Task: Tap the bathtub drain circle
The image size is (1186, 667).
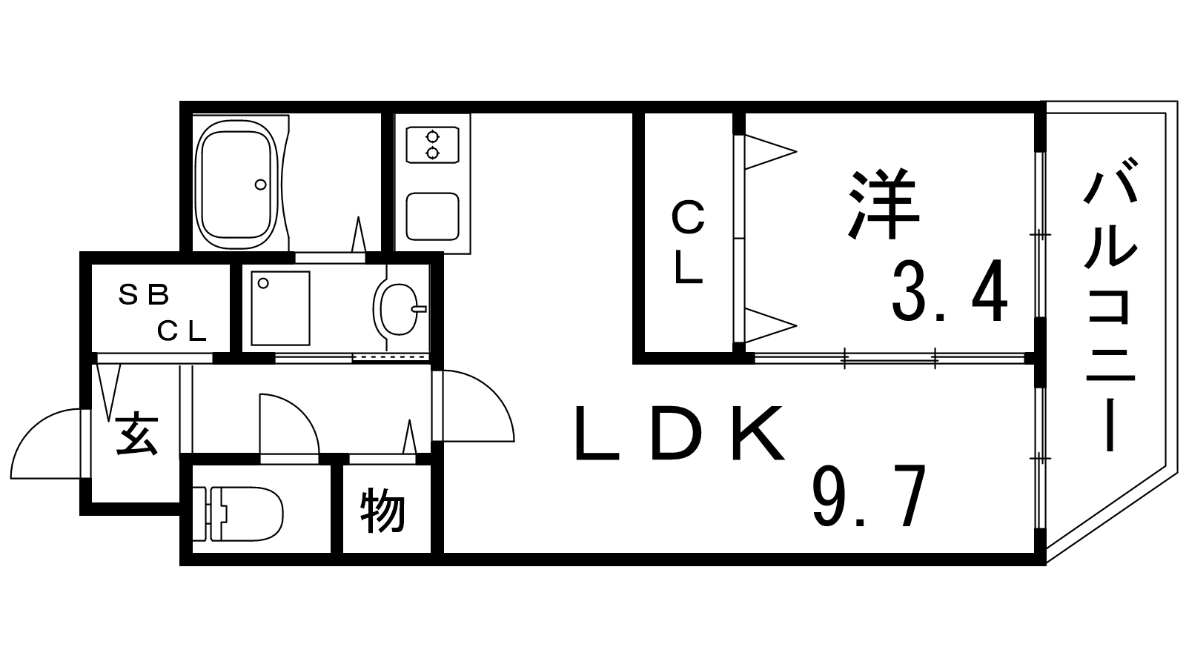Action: (x=260, y=185)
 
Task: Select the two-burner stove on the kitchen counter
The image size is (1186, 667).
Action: (x=433, y=145)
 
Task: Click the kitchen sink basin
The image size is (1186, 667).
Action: (x=433, y=216)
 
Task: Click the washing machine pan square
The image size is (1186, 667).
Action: (x=281, y=308)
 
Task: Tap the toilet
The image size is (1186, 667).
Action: (x=237, y=514)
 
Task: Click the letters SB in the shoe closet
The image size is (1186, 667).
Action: (x=144, y=295)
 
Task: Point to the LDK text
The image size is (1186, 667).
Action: (x=679, y=432)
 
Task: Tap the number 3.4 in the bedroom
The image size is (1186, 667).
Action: (x=950, y=291)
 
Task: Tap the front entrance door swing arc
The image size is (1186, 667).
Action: (x=46, y=444)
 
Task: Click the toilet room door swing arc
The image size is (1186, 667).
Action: (x=290, y=423)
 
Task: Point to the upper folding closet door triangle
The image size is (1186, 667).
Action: (x=770, y=152)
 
